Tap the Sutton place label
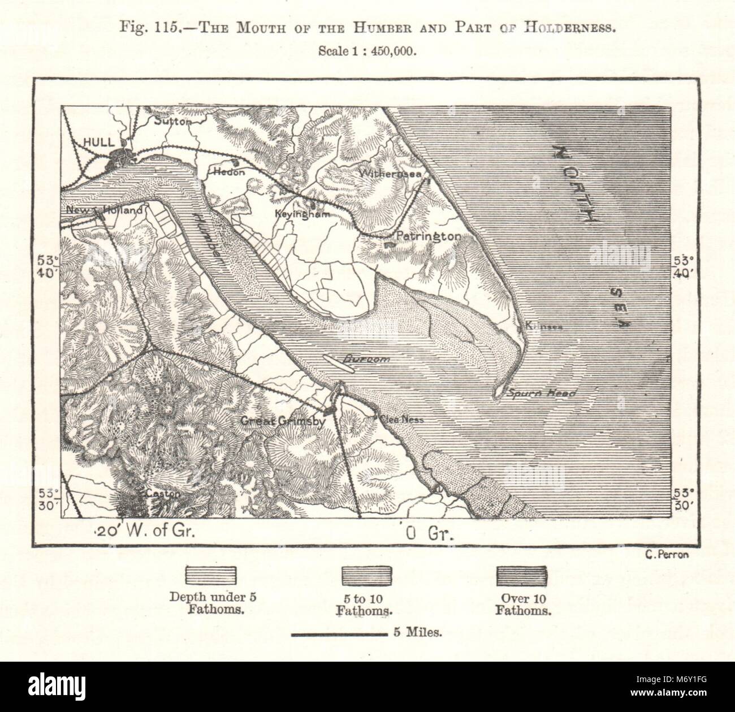coord(169,120)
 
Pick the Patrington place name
coord(428,236)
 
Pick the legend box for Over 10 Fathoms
coord(522,576)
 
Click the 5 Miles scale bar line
coord(338,635)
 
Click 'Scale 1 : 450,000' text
coord(367,50)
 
